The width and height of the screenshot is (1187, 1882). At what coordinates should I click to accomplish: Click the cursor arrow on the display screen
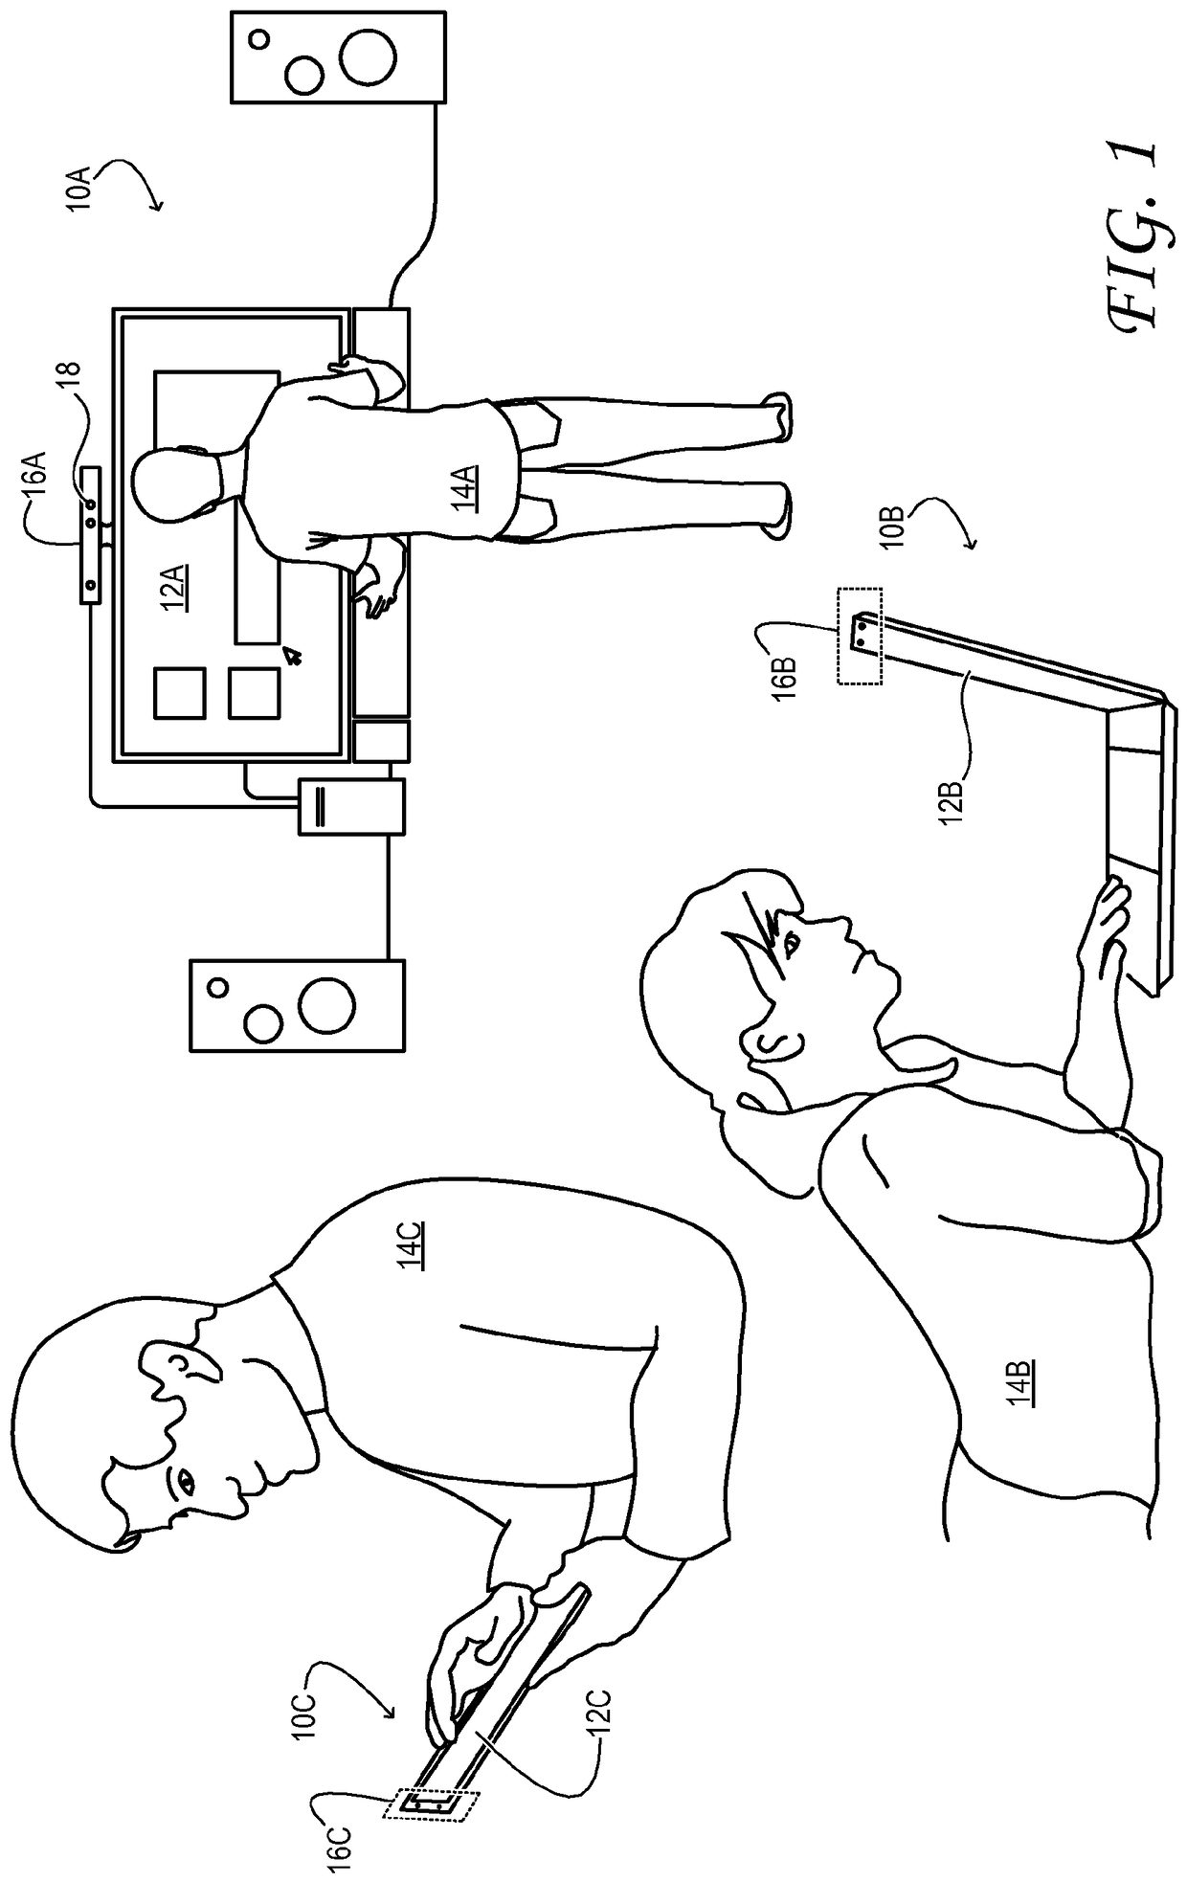(292, 655)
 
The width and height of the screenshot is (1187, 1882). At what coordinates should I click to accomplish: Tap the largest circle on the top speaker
(369, 55)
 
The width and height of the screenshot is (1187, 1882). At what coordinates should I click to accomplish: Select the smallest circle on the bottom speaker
(218, 987)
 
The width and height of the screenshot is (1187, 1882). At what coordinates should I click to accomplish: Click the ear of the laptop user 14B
(772, 1039)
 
